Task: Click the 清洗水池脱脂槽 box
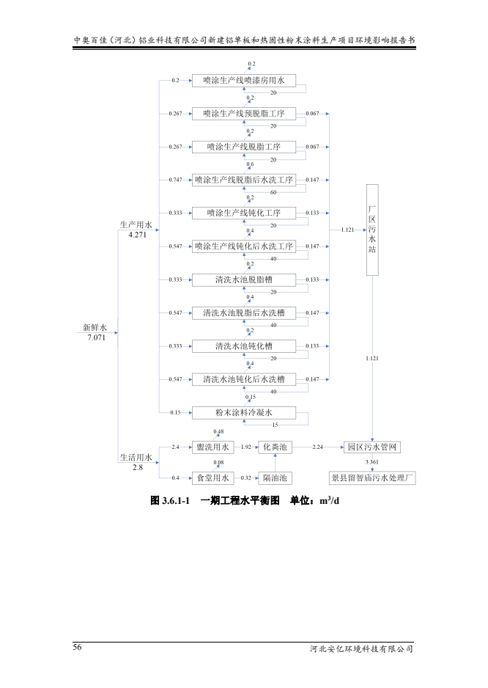click(x=244, y=279)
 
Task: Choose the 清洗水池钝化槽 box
click(x=244, y=345)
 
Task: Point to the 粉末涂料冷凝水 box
click(x=244, y=412)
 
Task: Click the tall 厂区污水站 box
click(x=371, y=230)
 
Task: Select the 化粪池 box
click(x=276, y=447)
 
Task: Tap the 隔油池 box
click(x=276, y=478)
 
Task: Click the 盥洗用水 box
click(x=212, y=447)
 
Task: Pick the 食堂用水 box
click(x=212, y=478)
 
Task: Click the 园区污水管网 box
click(x=373, y=447)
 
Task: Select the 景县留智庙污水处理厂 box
click(x=373, y=478)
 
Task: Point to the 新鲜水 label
click(x=95, y=327)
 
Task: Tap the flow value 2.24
click(x=319, y=447)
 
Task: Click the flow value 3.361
click(x=372, y=462)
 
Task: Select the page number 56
click(x=77, y=647)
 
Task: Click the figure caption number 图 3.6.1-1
click(x=170, y=500)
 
